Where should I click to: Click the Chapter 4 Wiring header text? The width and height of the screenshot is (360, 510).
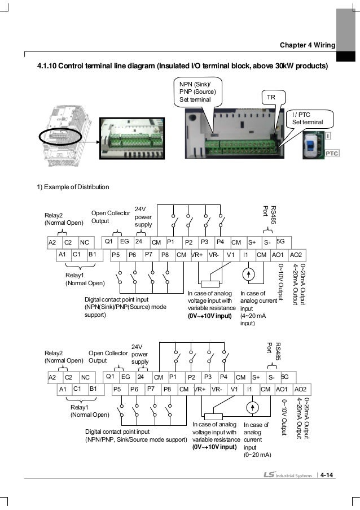pos(308,45)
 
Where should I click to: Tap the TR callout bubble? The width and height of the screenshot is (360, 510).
pos(274,97)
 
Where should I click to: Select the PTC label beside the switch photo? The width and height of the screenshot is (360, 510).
pos(332,153)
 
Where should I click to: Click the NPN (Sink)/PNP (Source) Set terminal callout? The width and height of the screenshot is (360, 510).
pos(198,91)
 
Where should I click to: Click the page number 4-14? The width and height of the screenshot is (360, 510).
pos(327,475)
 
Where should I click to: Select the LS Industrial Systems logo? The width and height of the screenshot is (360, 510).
pos(288,475)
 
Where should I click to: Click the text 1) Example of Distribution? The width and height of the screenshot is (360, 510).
pos(73,187)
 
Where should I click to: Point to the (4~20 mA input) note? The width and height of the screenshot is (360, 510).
pos(253,320)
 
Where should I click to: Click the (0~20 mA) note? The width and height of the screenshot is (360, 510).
pos(257,455)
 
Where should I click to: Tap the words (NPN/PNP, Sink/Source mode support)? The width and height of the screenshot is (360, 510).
pos(136,439)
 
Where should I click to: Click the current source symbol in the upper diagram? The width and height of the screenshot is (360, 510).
pos(248,274)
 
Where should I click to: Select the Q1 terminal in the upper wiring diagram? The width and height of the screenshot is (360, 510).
pos(109,241)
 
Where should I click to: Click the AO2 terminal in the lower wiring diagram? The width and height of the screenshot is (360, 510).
pos(300,389)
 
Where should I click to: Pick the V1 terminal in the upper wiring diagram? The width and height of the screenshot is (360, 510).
pos(230,255)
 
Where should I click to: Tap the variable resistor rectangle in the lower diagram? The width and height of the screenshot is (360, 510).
pos(213,417)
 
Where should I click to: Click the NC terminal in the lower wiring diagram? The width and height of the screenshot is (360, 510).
pos(85,377)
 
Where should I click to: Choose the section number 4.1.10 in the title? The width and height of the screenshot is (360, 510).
pos(47,66)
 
